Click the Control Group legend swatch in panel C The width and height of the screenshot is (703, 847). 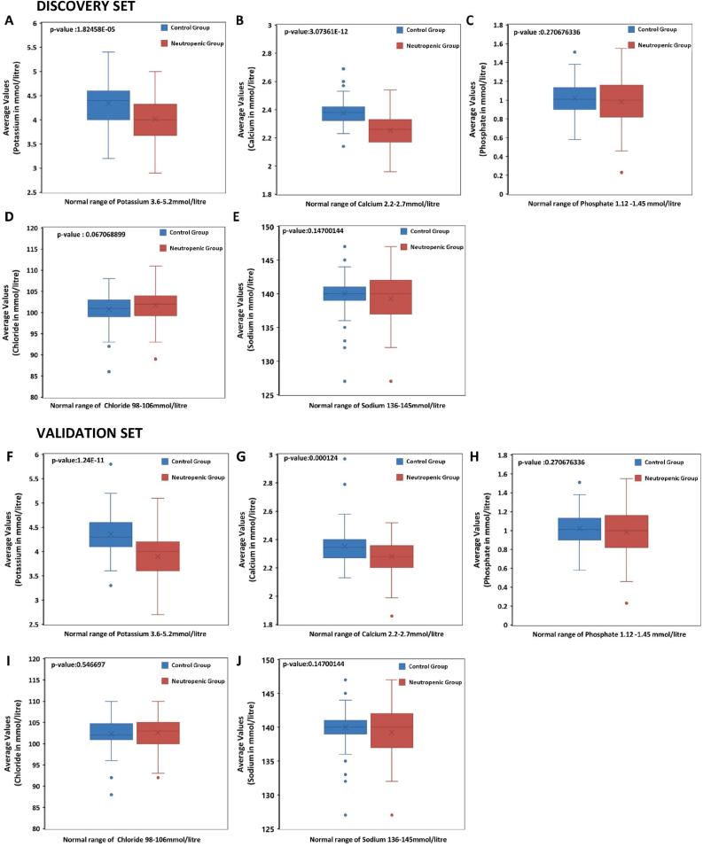[x=631, y=29]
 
